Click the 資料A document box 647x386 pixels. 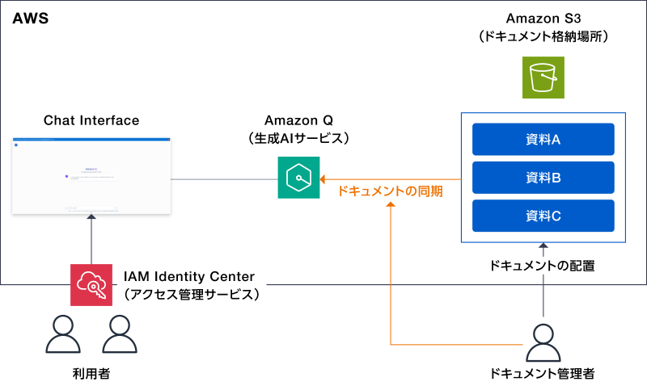tap(543, 139)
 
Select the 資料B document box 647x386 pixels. tap(543, 178)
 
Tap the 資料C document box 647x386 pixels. tap(543, 216)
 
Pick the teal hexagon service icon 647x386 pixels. tap(298, 178)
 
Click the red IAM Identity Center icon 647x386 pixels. tap(91, 285)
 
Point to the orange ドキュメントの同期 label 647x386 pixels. tap(390, 191)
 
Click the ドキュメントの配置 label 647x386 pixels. tap(543, 264)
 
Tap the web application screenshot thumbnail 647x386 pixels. tap(91, 175)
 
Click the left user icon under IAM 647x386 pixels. tap(63, 334)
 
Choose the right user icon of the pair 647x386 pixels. tap(120, 334)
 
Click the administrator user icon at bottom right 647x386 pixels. tap(543, 344)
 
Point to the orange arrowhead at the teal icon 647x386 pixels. tap(323, 178)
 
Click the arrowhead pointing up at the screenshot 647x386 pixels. tap(91, 217)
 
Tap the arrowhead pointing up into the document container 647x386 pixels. tap(543, 245)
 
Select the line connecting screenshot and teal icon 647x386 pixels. tap(223, 178)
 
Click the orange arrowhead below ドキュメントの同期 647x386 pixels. tap(391, 205)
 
